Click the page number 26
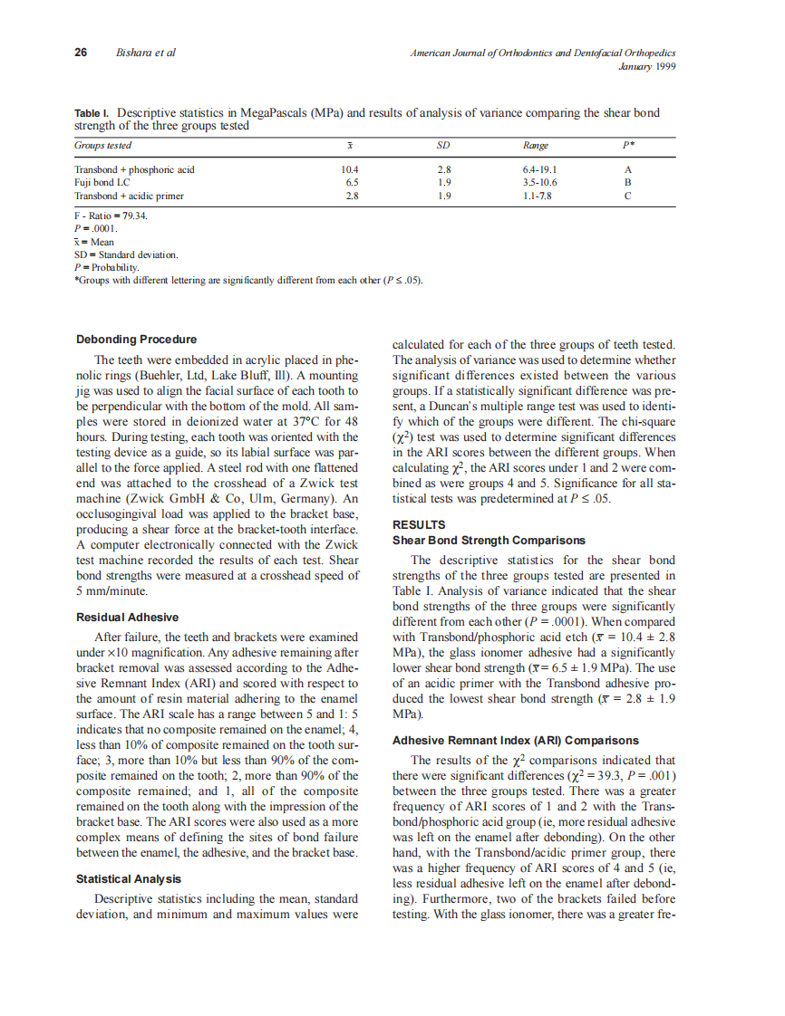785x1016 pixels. (x=81, y=53)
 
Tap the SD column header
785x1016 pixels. (x=443, y=145)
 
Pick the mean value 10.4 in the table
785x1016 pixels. (x=350, y=169)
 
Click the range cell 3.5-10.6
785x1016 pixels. (x=539, y=182)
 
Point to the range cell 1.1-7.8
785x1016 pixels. (x=539, y=195)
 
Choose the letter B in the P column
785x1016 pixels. (x=627, y=182)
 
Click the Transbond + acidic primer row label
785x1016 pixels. (x=129, y=195)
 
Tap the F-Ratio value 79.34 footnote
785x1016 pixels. (x=111, y=217)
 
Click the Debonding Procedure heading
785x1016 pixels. (x=136, y=340)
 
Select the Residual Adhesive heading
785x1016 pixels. (x=127, y=618)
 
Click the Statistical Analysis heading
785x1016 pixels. (x=128, y=878)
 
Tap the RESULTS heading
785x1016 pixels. (x=418, y=524)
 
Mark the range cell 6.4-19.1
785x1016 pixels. (x=539, y=169)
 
